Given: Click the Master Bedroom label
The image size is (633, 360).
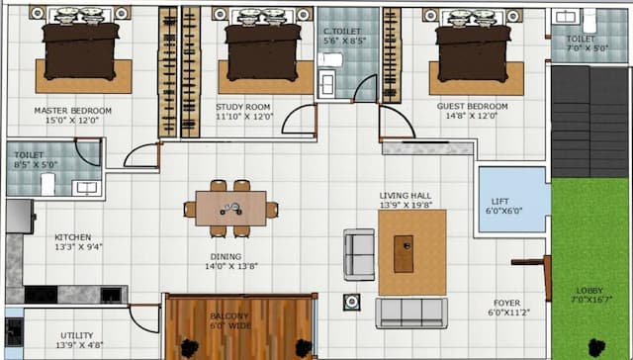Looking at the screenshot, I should click(72, 111).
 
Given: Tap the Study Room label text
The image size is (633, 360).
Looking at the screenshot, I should click(243, 106).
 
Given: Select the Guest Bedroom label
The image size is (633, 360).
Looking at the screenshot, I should click(472, 106).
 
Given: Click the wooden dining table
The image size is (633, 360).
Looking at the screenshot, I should click(230, 208).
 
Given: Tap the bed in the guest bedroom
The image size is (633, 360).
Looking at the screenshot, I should click(473, 49).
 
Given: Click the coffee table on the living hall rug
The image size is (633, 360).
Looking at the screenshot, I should click(404, 253).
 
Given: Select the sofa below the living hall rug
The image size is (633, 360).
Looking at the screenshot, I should click(410, 312).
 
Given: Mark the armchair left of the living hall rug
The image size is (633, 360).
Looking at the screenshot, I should click(358, 253).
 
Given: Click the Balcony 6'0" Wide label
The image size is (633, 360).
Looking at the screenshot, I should click(229, 317).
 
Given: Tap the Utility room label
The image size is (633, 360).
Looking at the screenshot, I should click(76, 335).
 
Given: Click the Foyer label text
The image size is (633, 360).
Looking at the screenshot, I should click(507, 303).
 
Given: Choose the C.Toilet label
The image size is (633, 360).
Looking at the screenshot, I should click(341, 32).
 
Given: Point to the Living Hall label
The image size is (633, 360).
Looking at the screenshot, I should click(407, 195).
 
